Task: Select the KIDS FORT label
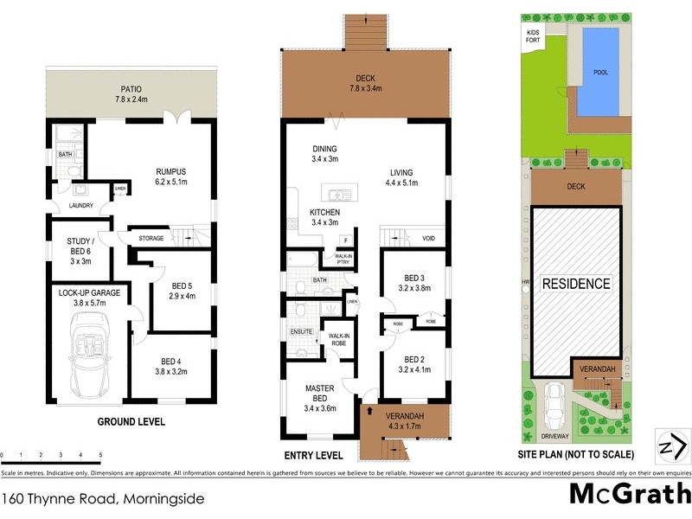pyautogui.click(x=533, y=36)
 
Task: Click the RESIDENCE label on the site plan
pyautogui.click(x=576, y=283)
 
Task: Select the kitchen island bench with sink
pyautogui.click(x=339, y=192)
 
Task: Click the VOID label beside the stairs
pyautogui.click(x=428, y=239)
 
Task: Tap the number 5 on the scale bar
pyautogui.click(x=100, y=454)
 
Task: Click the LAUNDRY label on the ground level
pyautogui.click(x=74, y=206)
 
